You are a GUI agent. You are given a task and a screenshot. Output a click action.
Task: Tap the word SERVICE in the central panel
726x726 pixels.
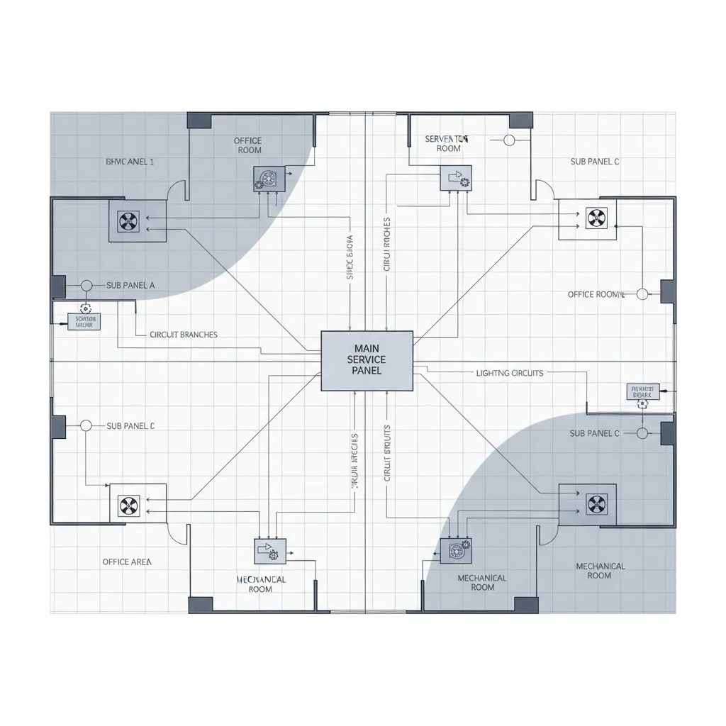(x=367, y=360)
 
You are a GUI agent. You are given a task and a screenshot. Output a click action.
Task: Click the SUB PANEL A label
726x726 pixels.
(x=130, y=286)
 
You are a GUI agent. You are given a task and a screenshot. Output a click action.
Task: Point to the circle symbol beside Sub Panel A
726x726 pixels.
(x=86, y=286)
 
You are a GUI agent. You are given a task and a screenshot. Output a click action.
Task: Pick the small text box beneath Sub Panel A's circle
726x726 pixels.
(x=84, y=323)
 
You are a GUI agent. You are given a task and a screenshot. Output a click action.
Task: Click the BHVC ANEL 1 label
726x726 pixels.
(x=130, y=162)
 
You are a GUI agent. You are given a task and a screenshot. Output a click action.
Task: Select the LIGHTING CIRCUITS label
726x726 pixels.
(x=510, y=373)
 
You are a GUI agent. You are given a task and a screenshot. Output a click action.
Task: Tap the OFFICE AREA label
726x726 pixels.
(x=126, y=562)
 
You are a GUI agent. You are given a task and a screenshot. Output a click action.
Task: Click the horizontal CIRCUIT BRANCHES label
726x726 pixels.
(x=184, y=334)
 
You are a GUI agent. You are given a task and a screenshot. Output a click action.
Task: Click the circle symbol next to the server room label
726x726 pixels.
(x=508, y=140)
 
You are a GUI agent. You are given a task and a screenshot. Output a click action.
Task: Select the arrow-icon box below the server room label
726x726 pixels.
(x=455, y=178)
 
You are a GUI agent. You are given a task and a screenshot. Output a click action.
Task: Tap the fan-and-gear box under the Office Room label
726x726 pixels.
(x=269, y=179)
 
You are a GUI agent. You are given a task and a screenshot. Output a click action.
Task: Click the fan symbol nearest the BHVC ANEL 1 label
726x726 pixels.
(x=128, y=220)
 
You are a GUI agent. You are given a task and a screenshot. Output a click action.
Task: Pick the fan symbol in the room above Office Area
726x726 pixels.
(x=128, y=506)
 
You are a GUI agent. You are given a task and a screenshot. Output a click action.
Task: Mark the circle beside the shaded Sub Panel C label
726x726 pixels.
(x=642, y=432)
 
